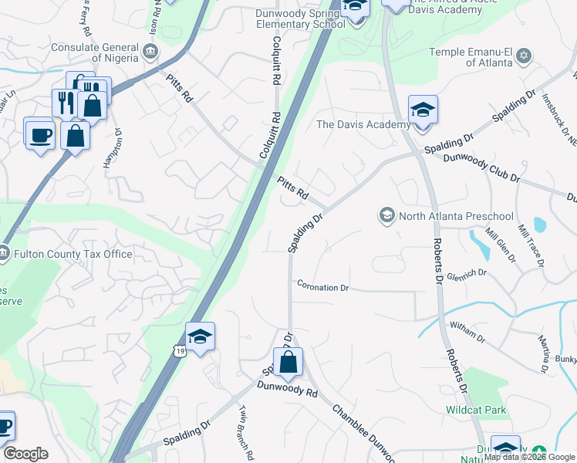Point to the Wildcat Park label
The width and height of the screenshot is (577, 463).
(x=476, y=410)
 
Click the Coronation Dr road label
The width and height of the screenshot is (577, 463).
(x=323, y=287)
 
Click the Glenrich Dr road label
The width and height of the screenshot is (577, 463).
(x=471, y=272)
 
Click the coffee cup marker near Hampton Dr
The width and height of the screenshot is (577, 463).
(x=39, y=133)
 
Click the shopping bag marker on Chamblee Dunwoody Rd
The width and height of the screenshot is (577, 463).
(x=288, y=362)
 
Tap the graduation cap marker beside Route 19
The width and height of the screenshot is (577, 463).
(x=200, y=336)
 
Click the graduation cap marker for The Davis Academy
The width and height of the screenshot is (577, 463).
(x=423, y=110)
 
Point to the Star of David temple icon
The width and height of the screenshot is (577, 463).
(x=525, y=56)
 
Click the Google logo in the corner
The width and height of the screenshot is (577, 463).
(x=25, y=454)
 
